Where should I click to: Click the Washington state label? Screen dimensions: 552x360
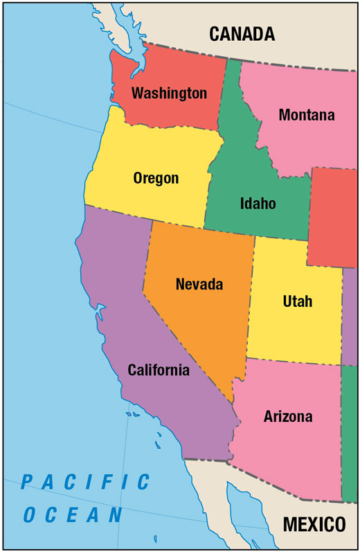[x=169, y=93]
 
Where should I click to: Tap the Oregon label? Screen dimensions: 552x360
[x=156, y=179]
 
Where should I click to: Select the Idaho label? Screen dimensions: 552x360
[x=258, y=204]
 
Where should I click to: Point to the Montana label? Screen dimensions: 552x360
[x=306, y=115]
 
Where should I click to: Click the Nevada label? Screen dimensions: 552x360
[x=199, y=284]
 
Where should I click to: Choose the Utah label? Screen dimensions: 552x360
[x=298, y=301]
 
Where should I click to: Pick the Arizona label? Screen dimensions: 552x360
[x=288, y=417]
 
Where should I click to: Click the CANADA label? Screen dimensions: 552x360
[x=242, y=33]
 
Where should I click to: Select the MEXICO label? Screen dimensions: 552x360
[x=313, y=524]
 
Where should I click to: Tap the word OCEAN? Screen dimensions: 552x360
[x=73, y=515]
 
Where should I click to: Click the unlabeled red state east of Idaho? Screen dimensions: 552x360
[x=334, y=218]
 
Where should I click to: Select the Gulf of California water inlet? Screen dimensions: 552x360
[x=239, y=502]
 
